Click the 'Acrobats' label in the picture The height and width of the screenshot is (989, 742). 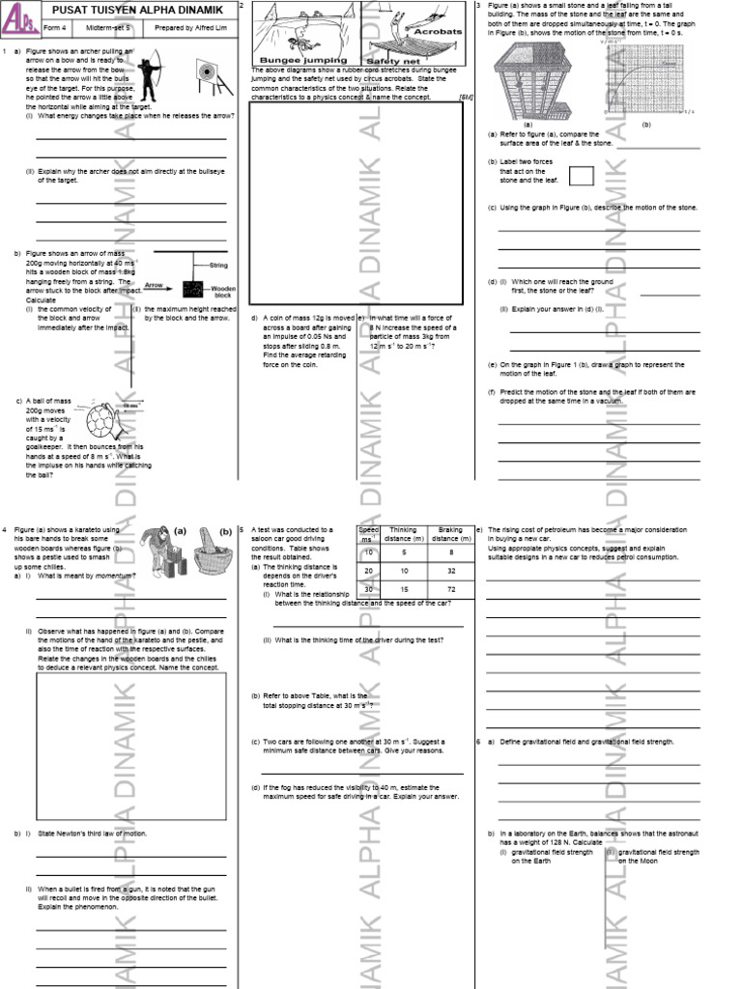pos(438,31)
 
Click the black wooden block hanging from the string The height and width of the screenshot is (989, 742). pos(194,288)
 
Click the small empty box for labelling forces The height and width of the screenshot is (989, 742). pos(582,176)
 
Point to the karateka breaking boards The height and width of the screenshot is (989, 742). pos(159,551)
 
